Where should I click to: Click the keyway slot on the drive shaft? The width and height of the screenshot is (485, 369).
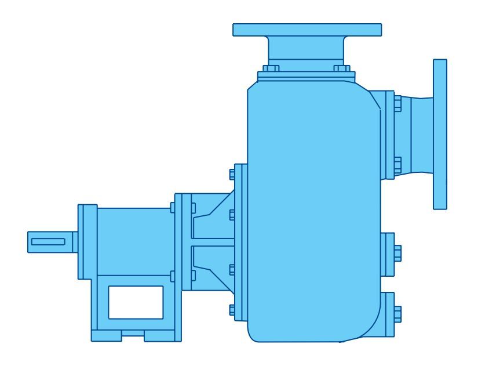pyautogui.click(x=49, y=241)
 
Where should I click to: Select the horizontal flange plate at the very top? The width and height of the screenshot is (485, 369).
pyautogui.click(x=307, y=30)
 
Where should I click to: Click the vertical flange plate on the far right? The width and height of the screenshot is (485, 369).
pyautogui.click(x=440, y=133)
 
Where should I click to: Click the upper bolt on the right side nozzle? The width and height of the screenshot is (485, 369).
pyautogui.click(x=397, y=105)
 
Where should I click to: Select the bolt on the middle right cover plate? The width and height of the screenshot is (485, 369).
pyautogui.click(x=397, y=254)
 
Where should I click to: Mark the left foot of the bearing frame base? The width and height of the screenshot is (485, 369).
pyautogui.click(x=106, y=336)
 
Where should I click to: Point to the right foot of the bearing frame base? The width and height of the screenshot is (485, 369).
pyautogui.click(x=159, y=336)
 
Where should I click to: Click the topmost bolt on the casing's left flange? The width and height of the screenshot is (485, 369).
pyautogui.click(x=232, y=173)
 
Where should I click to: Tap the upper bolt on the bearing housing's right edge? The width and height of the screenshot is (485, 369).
pyautogui.click(x=172, y=208)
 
